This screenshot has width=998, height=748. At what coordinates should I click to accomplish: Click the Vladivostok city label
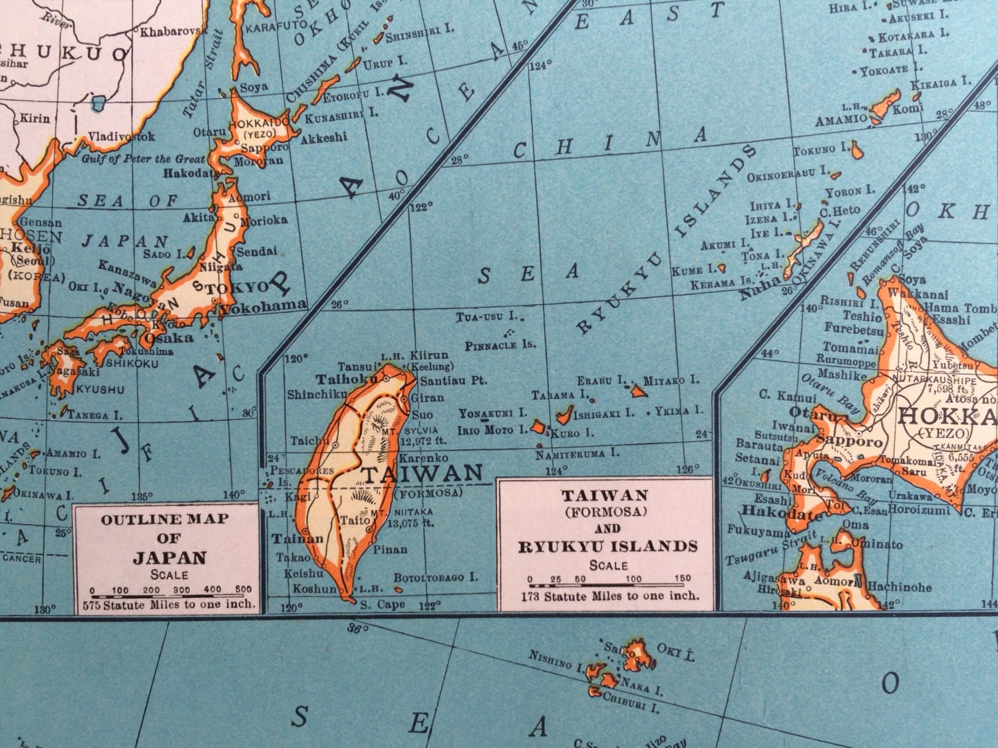[122, 136]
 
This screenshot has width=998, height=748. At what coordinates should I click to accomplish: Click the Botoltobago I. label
[436, 577]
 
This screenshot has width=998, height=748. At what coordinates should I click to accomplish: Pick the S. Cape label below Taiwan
[382, 604]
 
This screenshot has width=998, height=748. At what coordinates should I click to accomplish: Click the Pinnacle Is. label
[500, 345]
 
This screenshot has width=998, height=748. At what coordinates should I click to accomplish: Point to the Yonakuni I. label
[492, 414]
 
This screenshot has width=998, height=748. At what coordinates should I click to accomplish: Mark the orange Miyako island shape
[639, 391]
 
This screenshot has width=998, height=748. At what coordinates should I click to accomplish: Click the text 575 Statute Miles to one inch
[169, 604]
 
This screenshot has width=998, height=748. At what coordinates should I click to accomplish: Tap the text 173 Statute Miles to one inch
[609, 596]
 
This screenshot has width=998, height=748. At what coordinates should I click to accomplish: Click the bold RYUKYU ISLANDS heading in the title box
[608, 547]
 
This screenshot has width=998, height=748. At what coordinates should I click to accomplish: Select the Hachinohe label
[898, 586]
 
